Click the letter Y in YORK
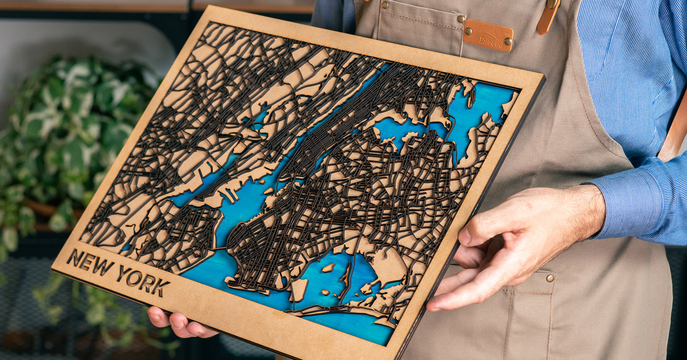(124, 273)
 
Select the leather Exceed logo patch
(488, 35)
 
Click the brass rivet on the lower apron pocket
(550, 278)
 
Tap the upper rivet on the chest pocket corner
(461, 19)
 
